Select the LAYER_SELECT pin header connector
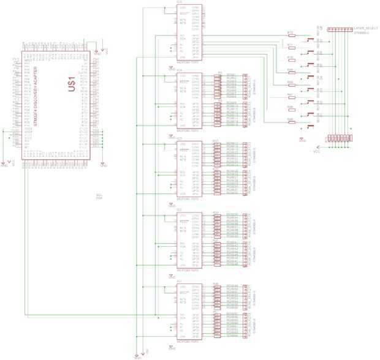336,29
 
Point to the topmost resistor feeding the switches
291,36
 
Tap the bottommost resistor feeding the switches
291,121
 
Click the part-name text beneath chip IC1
186,341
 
